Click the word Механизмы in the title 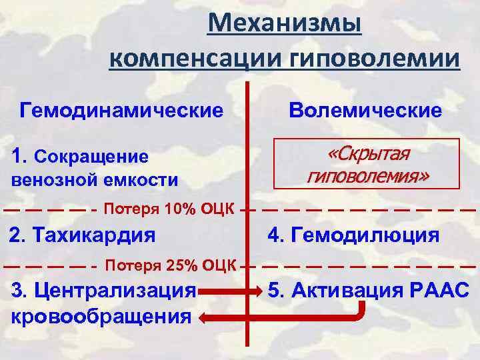point(285,25)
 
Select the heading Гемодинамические point(122,109)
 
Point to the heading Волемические point(365,110)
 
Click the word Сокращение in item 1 point(91,157)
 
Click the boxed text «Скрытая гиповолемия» point(368,164)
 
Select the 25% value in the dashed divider point(181,266)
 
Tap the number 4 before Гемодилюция point(274,235)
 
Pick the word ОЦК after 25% point(218,266)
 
